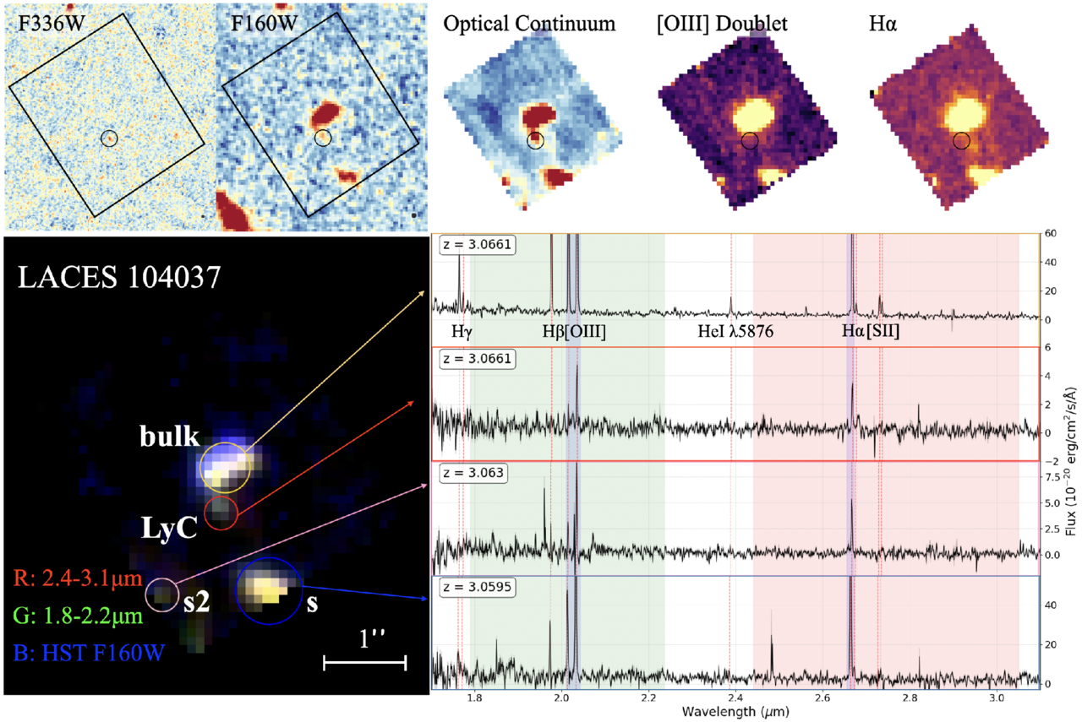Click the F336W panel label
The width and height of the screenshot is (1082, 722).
(52, 23)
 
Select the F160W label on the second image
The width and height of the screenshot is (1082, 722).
(264, 23)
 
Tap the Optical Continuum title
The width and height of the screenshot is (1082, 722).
(529, 24)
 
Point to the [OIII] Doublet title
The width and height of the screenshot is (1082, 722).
(722, 24)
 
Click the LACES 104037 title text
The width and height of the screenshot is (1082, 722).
(119, 277)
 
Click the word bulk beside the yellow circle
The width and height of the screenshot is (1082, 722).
(170, 436)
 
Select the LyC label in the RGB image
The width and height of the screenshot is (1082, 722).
(169, 528)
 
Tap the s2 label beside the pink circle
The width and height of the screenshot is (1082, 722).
(197, 602)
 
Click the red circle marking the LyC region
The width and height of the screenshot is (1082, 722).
(205, 513)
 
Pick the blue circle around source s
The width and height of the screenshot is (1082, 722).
(236, 591)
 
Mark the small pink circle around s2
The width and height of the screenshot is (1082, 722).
(146, 595)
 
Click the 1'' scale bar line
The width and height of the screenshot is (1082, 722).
(364, 663)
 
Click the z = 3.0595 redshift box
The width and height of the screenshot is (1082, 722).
(478, 587)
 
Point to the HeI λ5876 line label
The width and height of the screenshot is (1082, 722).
(735, 331)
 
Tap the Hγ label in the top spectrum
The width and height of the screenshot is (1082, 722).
(462, 332)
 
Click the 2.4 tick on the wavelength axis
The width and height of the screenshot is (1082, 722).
(735, 698)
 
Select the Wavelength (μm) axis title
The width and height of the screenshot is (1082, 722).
(735, 711)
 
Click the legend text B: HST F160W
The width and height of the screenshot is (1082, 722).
(90, 653)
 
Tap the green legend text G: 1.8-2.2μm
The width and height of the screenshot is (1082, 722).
(78, 616)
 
